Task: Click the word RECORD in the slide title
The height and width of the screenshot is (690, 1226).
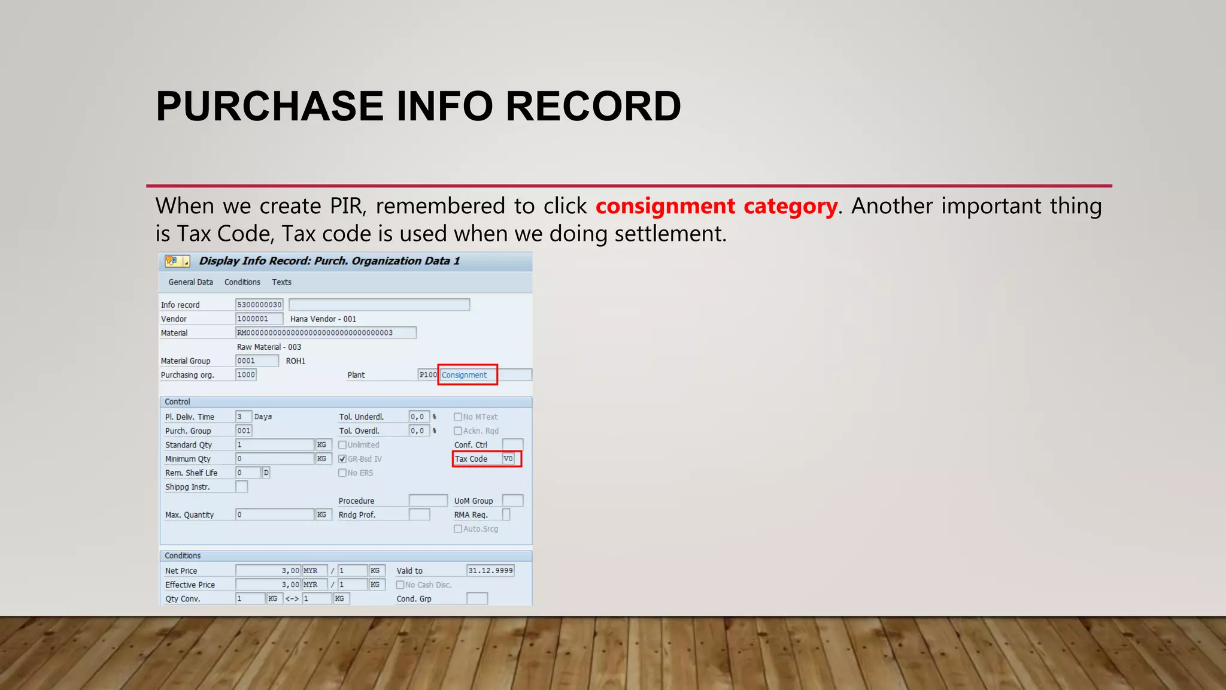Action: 593,107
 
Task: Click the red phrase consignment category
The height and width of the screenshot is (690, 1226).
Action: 716,206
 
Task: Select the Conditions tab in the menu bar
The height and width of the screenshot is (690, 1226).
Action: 242,282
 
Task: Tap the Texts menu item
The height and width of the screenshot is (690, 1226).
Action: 281,282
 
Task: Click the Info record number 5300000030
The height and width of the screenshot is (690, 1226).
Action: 259,305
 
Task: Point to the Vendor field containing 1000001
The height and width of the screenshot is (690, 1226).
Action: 259,319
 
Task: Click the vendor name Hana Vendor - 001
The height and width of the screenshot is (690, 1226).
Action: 323,319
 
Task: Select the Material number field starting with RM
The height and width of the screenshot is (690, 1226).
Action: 326,333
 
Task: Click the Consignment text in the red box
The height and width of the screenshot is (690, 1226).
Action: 464,375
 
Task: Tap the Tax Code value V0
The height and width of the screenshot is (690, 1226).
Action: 508,459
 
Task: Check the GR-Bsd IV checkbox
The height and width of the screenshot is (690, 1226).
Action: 342,459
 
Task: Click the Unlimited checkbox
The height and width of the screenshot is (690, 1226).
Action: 342,445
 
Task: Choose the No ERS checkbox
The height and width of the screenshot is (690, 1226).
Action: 342,473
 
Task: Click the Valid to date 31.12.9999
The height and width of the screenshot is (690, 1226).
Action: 490,571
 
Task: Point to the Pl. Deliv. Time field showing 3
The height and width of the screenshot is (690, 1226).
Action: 242,417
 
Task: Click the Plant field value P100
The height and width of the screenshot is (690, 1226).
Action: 427,375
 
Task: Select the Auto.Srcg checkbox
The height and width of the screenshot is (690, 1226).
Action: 458,529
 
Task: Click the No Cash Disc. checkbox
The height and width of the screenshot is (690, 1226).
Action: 400,585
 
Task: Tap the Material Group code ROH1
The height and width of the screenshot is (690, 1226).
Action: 295,361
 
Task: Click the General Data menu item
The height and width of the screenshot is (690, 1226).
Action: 190,282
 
